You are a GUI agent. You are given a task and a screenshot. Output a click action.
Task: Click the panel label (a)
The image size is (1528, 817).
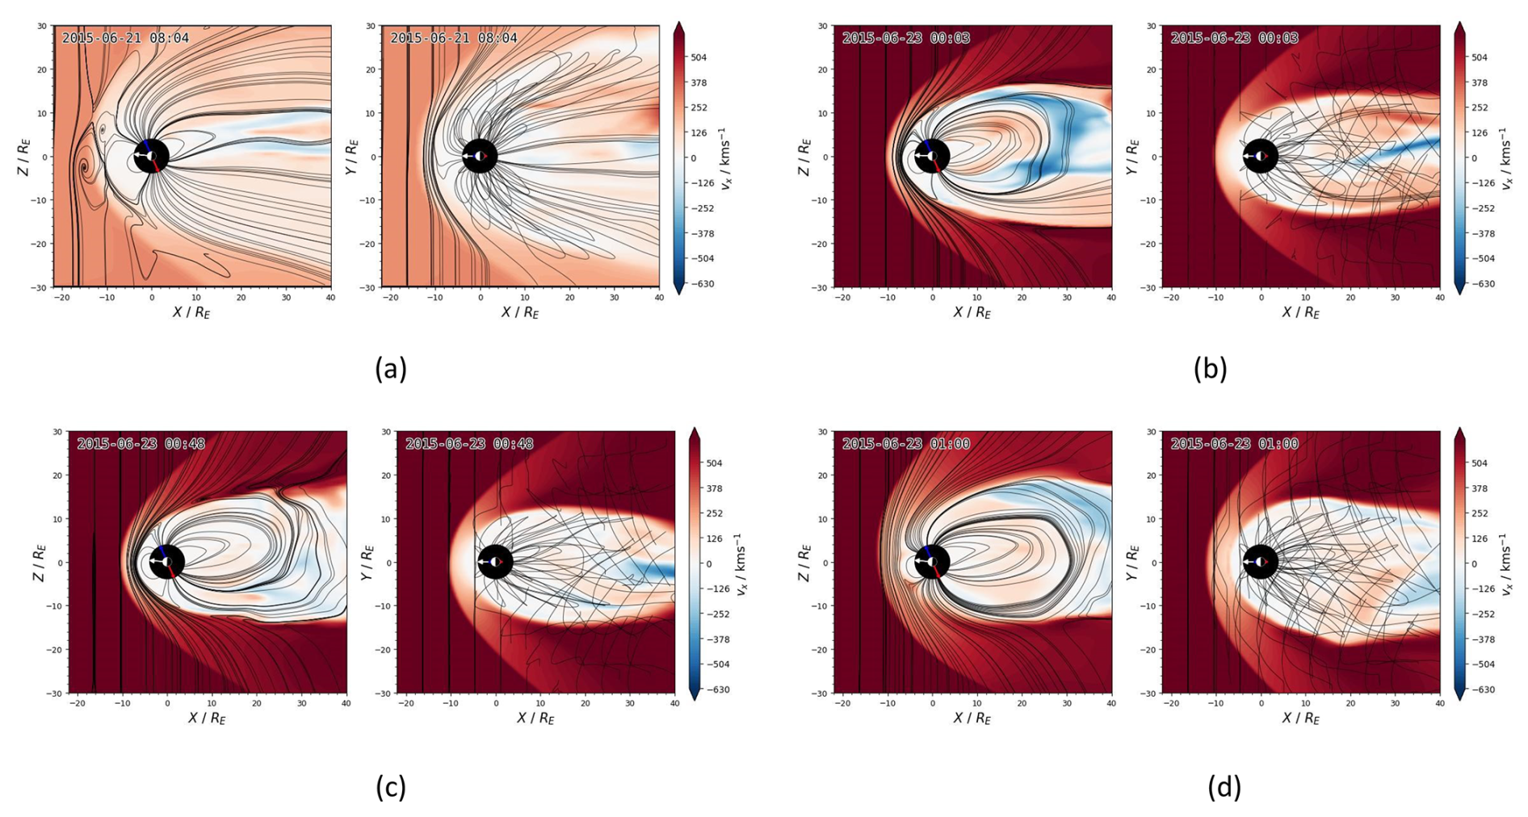[x=391, y=369]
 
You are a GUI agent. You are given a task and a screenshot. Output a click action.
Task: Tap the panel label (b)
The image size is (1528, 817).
[x=1210, y=369]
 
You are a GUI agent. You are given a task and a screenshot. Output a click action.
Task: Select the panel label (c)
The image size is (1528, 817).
[x=391, y=786]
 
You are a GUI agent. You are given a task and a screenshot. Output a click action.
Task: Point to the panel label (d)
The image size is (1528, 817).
[x=1224, y=786]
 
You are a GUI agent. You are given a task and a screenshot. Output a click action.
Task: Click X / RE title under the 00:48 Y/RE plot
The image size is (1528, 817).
[x=535, y=718]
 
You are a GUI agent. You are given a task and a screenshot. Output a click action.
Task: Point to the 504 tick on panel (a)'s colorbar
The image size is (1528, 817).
[x=699, y=57]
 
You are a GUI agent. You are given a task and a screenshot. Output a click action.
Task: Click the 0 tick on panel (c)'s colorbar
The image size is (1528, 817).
[x=709, y=564]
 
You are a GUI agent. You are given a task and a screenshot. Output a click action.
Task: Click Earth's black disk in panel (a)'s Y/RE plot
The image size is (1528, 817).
[x=480, y=156]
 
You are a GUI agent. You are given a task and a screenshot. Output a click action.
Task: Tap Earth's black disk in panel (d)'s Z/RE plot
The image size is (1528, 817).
[x=931, y=562]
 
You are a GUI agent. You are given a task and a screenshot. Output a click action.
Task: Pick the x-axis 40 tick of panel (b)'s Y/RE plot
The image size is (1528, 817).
[x=1439, y=297]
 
